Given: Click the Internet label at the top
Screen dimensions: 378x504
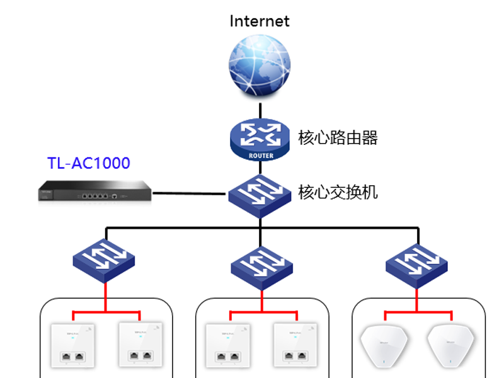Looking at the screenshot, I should pyautogui.click(x=259, y=21).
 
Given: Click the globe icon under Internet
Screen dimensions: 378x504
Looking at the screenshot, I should pyautogui.click(x=260, y=66).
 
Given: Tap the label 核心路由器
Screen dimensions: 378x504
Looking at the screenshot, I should pyautogui.click(x=338, y=138).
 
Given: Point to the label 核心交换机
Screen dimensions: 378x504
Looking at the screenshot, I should pyautogui.click(x=338, y=192).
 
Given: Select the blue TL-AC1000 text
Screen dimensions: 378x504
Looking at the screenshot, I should pyautogui.click(x=89, y=164).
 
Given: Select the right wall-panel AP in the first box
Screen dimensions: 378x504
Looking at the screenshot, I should pyautogui.click(x=140, y=345).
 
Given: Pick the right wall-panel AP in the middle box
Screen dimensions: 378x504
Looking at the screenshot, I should pyautogui.click(x=295, y=345).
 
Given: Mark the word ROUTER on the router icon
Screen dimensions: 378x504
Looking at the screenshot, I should pyautogui.click(x=260, y=156).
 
